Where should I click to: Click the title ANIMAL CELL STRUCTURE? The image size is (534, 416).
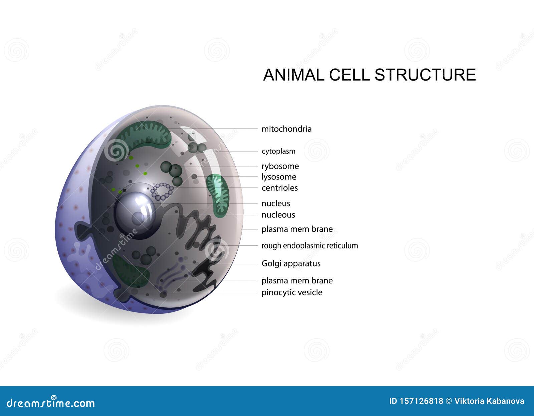[x=369, y=75]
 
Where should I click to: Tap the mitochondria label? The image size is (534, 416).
[x=286, y=129]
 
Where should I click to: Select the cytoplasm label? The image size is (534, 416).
[x=278, y=151]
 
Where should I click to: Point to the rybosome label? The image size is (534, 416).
[x=280, y=166]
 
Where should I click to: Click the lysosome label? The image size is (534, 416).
[x=279, y=177]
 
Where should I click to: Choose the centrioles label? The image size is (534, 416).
[x=280, y=188]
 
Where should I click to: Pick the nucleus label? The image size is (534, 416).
[x=276, y=204]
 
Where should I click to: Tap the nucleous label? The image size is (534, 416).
[x=278, y=215]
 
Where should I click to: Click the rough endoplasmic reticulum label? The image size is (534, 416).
[x=309, y=246]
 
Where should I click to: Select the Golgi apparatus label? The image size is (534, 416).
[x=291, y=263]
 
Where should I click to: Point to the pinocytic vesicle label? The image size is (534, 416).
[x=292, y=292]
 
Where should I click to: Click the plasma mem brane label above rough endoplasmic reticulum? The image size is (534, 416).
[x=297, y=229]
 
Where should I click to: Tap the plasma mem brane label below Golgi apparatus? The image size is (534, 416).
[x=297, y=281]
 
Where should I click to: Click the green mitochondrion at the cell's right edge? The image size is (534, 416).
[x=218, y=195]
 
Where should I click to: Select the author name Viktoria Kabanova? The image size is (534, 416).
[x=489, y=401]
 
